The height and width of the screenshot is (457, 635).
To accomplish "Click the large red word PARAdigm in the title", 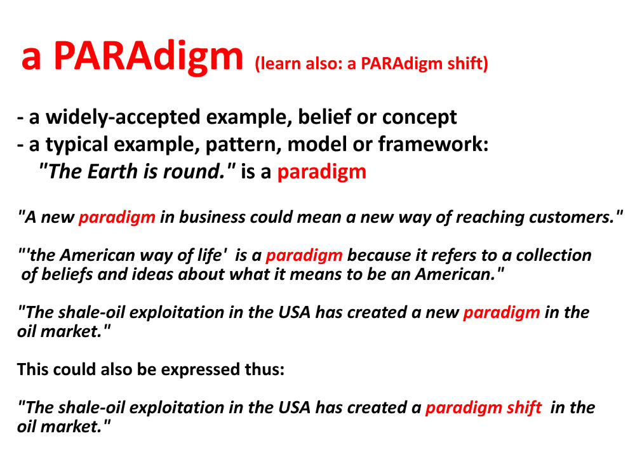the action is (148, 56).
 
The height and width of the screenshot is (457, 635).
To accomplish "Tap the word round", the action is (194, 171).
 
